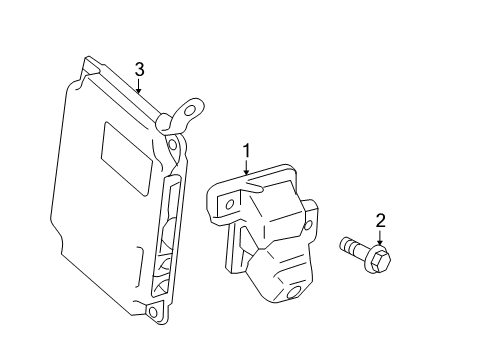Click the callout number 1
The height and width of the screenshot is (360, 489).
tap(245, 151)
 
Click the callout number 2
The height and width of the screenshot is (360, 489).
tap(380, 221)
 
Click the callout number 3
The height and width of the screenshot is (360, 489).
tap(140, 69)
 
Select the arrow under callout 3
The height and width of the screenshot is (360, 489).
tap(140, 86)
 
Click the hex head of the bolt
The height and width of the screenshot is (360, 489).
tap(380, 261)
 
